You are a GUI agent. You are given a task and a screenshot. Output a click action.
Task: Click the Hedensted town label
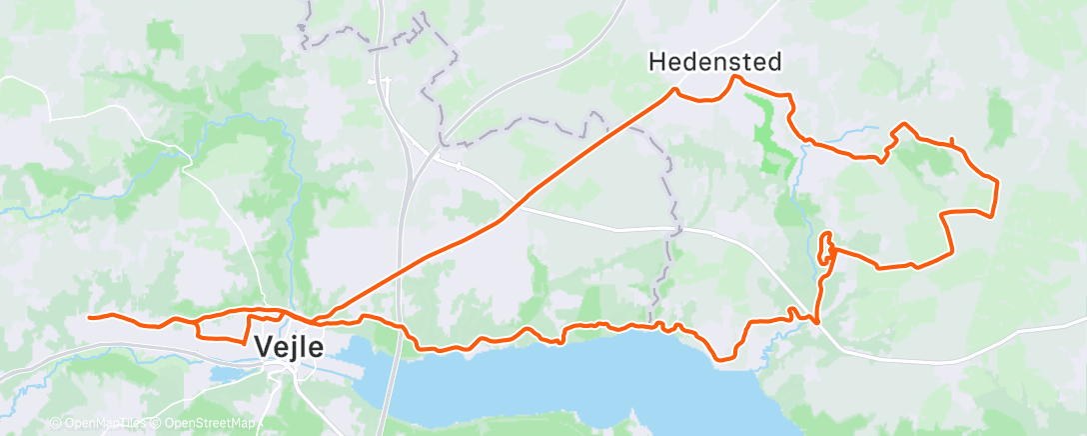click(x=714, y=62)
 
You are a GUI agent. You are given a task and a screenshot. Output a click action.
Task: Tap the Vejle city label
click(x=289, y=348)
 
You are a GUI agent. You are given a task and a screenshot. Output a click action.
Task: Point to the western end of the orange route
click(x=90, y=317)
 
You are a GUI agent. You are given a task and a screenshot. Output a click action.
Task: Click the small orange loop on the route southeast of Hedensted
click(x=825, y=249)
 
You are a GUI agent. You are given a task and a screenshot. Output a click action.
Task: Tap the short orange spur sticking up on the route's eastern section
click(x=951, y=141)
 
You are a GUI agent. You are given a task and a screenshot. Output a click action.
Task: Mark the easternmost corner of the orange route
click(x=997, y=181)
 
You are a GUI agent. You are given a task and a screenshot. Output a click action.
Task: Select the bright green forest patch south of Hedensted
click(x=770, y=140)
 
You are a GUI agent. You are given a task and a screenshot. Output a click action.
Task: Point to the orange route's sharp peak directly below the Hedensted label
click(x=736, y=77)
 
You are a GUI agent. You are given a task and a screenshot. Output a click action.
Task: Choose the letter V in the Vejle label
click(x=265, y=348)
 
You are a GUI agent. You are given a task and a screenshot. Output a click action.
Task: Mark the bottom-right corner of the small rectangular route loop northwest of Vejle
click(x=245, y=342)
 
